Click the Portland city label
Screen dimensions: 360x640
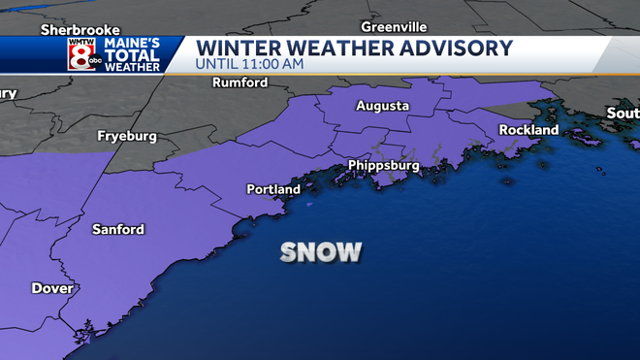(x=273, y=189)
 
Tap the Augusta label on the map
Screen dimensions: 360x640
(x=382, y=106)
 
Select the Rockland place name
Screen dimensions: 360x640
(x=528, y=130)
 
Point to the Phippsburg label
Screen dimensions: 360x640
(x=384, y=166)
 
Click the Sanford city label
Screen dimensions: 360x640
(x=118, y=230)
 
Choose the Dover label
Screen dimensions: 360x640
(x=52, y=288)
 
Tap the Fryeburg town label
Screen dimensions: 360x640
(x=127, y=137)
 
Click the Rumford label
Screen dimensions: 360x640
(x=240, y=83)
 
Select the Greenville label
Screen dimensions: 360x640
(x=394, y=26)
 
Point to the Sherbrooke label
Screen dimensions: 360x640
(x=73, y=30)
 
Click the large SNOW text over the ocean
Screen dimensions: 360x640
(x=321, y=252)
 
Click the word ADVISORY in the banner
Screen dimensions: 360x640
(x=458, y=48)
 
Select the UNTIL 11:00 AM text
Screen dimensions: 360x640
(x=250, y=64)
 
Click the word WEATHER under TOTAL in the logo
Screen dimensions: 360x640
(x=134, y=67)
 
